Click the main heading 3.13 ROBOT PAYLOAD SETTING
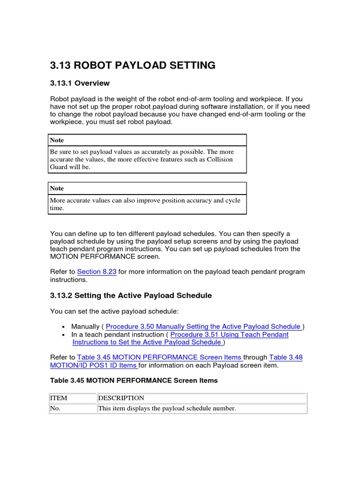(133, 65)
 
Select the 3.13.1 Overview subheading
(80, 83)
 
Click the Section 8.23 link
(97, 272)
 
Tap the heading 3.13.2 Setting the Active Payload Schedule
(131, 296)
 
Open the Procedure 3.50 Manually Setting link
(203, 327)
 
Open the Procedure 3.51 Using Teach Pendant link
(229, 335)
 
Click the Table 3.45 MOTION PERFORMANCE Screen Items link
(159, 358)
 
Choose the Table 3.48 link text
(285, 358)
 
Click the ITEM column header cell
(59, 398)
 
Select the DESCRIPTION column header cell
(121, 398)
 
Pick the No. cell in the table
(56, 408)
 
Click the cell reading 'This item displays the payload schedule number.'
(167, 408)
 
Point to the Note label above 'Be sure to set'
(57, 140)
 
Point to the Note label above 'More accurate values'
(57, 188)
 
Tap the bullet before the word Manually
(63, 327)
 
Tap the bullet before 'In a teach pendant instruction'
(63, 335)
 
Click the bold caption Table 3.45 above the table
(134, 381)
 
